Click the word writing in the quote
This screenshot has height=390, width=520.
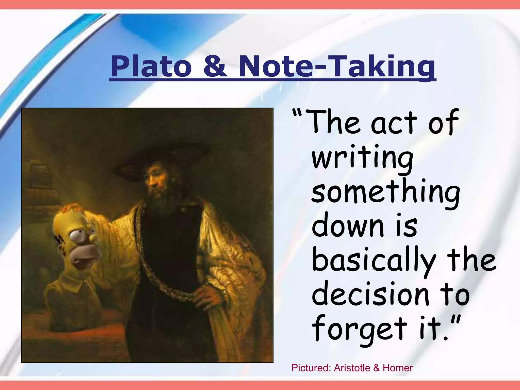pyautogui.click(x=362, y=159)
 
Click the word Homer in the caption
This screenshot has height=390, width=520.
pyautogui.click(x=398, y=368)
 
